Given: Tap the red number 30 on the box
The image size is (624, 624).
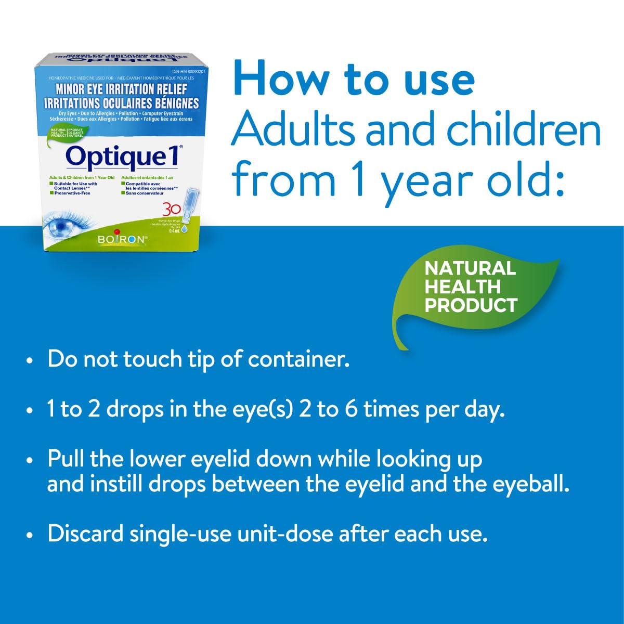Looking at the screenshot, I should coord(172,210).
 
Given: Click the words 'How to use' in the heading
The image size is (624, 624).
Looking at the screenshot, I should coord(354,79).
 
